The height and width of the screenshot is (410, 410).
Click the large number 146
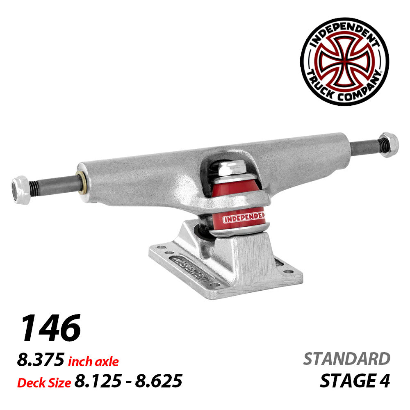50,328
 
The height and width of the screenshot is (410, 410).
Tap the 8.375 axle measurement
41,360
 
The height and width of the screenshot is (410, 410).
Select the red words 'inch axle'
93,362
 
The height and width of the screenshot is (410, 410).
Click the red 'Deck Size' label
44,383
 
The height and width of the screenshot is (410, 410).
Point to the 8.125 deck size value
97,381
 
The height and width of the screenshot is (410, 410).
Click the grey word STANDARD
346,359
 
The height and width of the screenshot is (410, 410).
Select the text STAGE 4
355,381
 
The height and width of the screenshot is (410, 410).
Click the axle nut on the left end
20,189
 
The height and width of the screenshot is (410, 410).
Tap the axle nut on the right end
389,145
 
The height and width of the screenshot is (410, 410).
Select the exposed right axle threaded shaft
367,145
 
